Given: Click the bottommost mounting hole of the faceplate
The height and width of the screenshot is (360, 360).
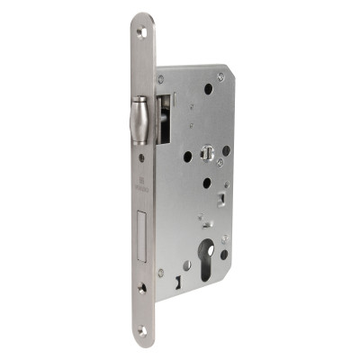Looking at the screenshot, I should [x=142, y=330].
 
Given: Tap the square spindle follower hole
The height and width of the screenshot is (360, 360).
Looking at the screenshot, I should [x=205, y=157].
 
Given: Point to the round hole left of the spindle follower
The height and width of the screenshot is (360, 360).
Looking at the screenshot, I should [x=187, y=156].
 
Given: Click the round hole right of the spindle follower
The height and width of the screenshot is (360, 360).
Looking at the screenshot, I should [x=226, y=150].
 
